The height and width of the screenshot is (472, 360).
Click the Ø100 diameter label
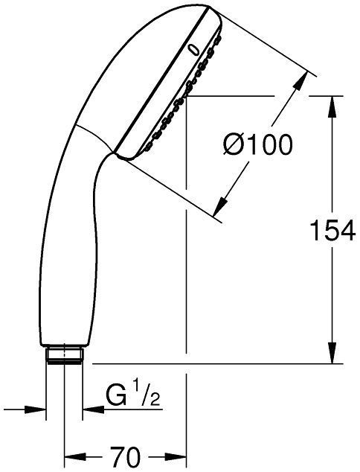[x=257, y=145]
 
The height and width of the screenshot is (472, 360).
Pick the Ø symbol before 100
[x=233, y=145]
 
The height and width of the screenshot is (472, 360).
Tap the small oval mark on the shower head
[x=194, y=50]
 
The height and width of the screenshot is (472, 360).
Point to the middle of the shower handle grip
[x=63, y=246]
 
